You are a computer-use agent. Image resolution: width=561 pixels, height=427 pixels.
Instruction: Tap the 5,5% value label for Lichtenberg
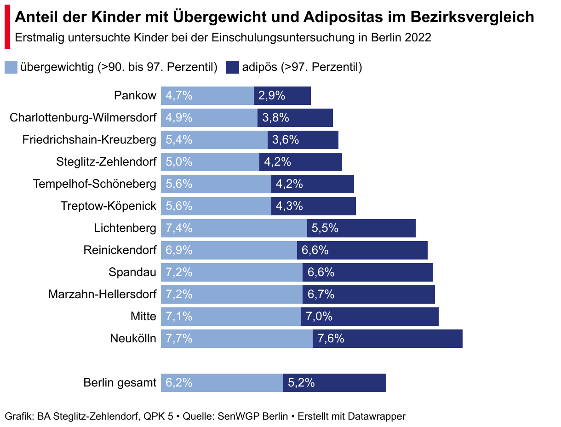coord(325,228)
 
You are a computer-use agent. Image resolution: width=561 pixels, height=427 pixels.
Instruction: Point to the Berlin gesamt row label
coord(120,383)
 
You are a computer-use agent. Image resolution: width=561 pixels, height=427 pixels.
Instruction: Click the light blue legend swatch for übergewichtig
coord(11,67)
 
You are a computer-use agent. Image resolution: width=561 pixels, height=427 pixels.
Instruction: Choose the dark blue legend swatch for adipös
coord(233,67)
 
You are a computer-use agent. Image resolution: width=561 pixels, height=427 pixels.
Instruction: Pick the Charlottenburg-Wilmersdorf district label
coord(83,118)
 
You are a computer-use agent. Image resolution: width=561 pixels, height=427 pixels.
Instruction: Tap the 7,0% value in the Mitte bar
coord(320,317)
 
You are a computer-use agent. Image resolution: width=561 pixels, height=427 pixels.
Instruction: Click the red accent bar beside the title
coord(7,28)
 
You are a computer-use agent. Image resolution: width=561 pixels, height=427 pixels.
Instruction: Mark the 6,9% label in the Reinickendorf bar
coord(179,250)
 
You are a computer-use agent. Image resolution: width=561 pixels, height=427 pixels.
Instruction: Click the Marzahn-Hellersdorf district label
coord(102,294)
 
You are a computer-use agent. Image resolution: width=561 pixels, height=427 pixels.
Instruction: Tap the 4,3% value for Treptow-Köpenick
coord(289,206)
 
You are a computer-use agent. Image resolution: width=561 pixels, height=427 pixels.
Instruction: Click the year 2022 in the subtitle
coord(418,38)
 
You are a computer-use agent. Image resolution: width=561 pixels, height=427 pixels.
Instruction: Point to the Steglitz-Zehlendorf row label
coord(106,162)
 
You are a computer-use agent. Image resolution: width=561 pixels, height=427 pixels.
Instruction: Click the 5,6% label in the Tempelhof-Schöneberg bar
coord(179,184)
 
